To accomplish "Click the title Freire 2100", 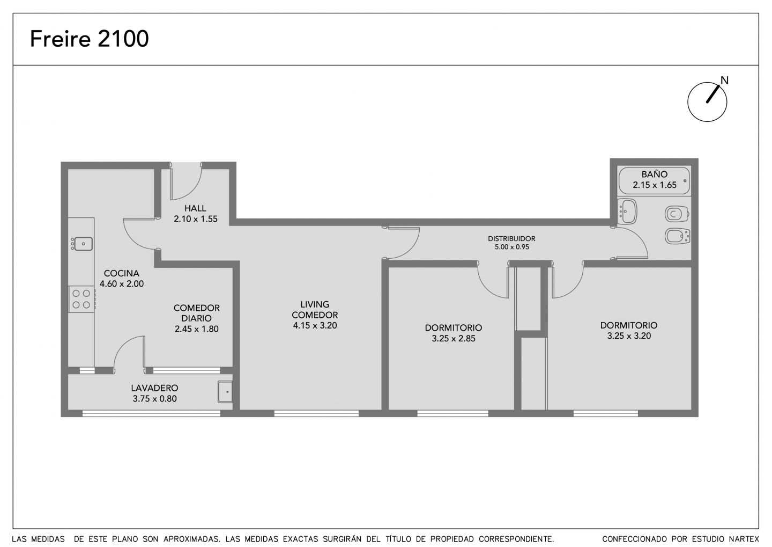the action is coord(89,39).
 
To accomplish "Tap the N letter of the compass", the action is coord(724,80).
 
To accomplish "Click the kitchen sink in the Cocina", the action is coord(83,244).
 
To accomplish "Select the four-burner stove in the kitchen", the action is coord(81,299).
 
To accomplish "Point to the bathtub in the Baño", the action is coord(654,180).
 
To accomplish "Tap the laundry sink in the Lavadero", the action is coord(225,392).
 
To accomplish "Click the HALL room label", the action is coord(195,208).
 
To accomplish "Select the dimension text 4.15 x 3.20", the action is coord(315,325).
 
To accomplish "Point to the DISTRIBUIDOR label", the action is coord(511,238).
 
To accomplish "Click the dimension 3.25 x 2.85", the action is coord(454,339).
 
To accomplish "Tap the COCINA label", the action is coord(121,273).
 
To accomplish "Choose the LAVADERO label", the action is coord(154,388).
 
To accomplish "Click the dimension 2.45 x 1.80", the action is coord(196,329).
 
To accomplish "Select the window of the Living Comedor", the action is coord(316,413).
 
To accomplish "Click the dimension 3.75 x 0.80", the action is coord(155,399).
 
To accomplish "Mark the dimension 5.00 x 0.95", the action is coord(512,247).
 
